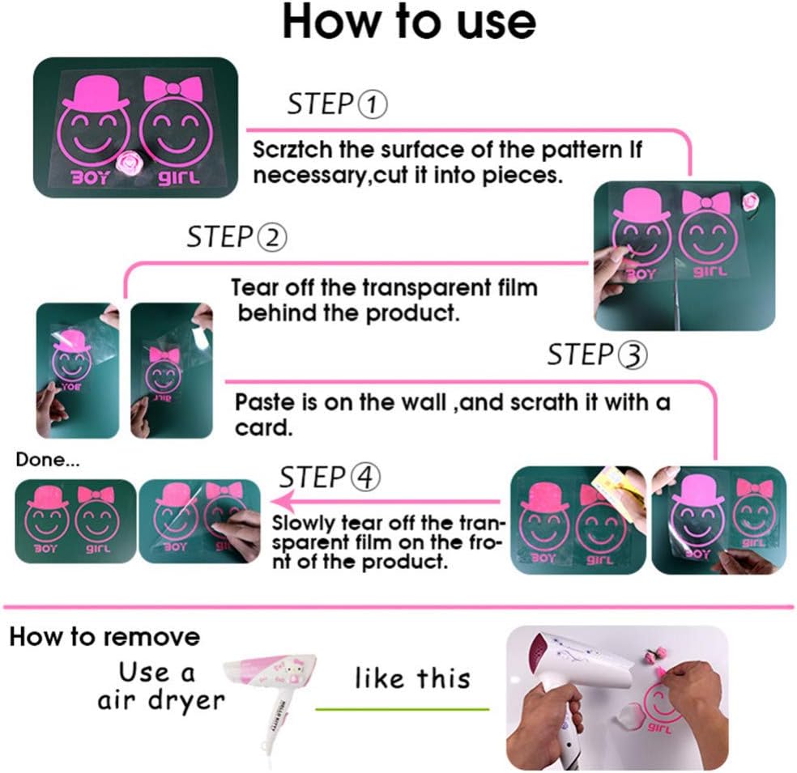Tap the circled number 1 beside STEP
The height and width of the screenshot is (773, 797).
click(373, 104)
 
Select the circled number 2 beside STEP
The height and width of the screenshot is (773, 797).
click(272, 237)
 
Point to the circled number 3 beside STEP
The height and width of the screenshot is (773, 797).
click(633, 355)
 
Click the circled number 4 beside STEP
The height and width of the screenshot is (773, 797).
click(365, 478)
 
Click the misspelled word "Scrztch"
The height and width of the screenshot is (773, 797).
click(292, 150)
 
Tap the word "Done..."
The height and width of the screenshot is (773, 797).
click(48, 460)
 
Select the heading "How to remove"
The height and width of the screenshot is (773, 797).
click(104, 637)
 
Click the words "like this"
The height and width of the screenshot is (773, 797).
click(413, 678)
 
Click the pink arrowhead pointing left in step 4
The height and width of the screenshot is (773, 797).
click(283, 502)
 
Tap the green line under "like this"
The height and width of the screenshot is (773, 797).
click(402, 709)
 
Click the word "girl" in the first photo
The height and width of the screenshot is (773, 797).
click(178, 177)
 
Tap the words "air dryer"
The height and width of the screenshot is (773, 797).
click(161, 700)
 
